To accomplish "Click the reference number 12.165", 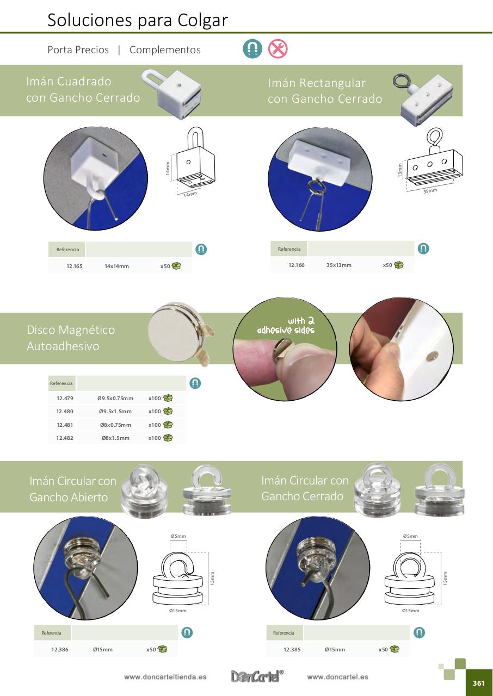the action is tap(75, 266).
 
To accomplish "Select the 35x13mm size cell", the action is tap(339, 265).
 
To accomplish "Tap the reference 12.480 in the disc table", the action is tap(65, 412).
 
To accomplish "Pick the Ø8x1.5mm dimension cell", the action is tap(115, 438).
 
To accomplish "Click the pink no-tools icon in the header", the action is tap(278, 49).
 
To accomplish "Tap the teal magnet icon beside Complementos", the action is tap(252, 49).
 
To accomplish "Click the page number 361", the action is tap(479, 683).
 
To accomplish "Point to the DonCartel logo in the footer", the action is tap(257, 676).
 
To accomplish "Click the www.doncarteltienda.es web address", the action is tap(165, 677).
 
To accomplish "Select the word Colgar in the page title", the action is tap(202, 21).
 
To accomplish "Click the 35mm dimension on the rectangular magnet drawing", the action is tap(430, 191).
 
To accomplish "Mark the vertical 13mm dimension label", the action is tap(400, 170).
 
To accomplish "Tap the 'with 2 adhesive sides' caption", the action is tap(286, 325).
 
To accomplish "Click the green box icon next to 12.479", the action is tap(168, 398).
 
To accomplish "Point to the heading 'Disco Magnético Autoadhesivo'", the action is tap(71, 338).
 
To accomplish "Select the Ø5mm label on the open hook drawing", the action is tap(178, 536).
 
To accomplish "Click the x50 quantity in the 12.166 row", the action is tap(387, 265).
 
